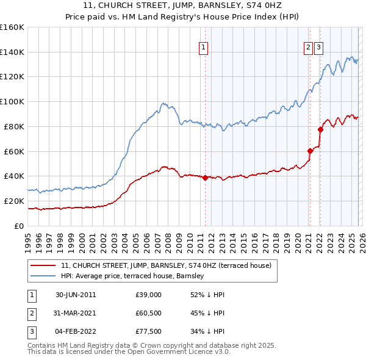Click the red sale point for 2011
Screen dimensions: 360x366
point(205,178)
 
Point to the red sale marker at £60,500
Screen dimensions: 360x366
point(310,151)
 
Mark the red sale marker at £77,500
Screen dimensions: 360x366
point(320,129)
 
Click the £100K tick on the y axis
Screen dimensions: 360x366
point(12,101)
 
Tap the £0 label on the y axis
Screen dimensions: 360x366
point(18,226)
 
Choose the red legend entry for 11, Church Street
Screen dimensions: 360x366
point(170,265)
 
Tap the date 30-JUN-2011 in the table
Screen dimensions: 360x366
point(76,295)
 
